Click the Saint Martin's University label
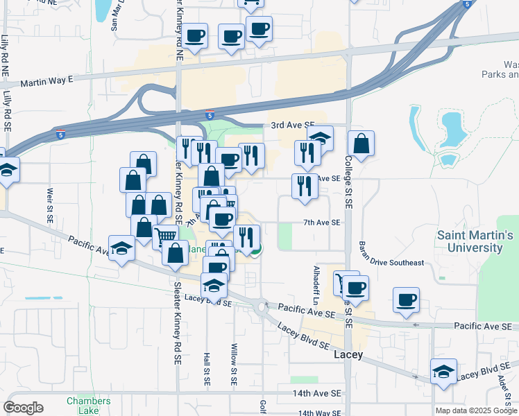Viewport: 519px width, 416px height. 475,241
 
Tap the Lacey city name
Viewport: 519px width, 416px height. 348,354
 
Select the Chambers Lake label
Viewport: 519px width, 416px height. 88,406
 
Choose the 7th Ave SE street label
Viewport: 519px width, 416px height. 321,223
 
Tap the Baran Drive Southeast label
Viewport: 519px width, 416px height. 391,263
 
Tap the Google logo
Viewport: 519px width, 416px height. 23,408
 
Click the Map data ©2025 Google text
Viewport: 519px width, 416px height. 476,410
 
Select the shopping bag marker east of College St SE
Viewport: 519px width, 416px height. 361,144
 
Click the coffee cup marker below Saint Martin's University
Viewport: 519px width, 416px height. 406,300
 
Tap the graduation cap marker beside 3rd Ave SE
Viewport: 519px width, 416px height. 320,138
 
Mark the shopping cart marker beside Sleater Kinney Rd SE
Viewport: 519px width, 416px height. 165,237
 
